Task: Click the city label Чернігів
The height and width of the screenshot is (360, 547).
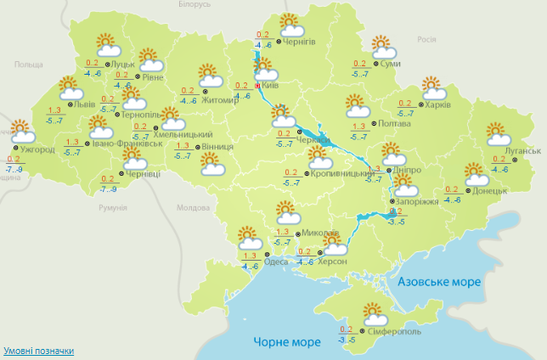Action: click(300, 42)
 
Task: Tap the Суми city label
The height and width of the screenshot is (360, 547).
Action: click(391, 65)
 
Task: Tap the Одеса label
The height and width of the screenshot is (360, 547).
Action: click(275, 261)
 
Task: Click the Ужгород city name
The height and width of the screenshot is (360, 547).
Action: click(37, 150)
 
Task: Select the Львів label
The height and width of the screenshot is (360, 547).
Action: click(86, 105)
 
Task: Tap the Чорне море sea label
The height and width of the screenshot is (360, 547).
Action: click(287, 341)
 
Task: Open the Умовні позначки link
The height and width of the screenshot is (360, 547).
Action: click(38, 351)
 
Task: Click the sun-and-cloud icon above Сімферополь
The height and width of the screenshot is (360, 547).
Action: click(374, 312)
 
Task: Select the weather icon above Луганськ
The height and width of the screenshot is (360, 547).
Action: click(499, 133)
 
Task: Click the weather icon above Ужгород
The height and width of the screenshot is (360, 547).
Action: click(21, 132)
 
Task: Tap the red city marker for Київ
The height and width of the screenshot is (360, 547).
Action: click(257, 85)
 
